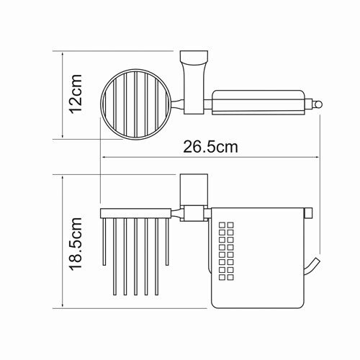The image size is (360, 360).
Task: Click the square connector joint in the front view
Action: tap(192, 213)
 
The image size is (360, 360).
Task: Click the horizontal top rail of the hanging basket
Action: tap(137, 212)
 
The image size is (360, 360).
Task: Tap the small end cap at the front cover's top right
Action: tap(309, 212)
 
